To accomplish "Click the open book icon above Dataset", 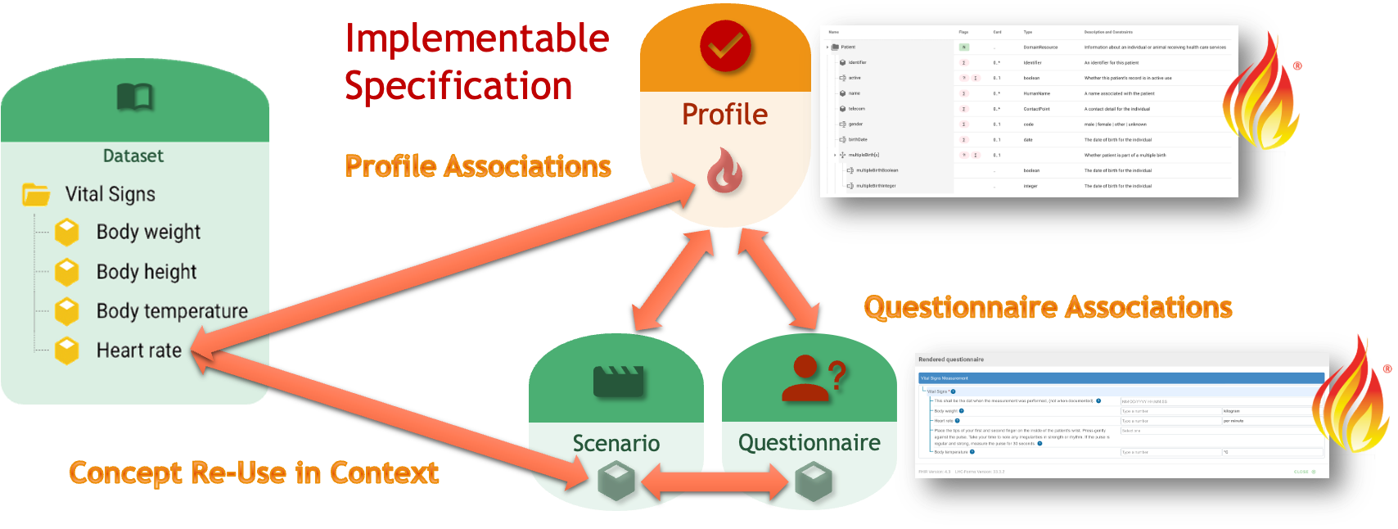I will pos(135,97).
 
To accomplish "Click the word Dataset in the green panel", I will pos(133,156).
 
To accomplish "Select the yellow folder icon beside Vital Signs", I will pos(36,194).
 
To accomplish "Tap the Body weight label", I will pos(148,232).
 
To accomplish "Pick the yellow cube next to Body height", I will pos(66,272).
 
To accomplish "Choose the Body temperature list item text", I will pos(172,311).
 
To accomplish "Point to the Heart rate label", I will pos(139,350).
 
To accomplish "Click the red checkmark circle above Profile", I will pos(725,46).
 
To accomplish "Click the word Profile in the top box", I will pos(725,114).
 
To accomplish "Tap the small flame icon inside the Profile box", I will pos(725,170).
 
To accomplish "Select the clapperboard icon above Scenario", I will pos(618,382).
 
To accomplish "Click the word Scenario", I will pos(616,443).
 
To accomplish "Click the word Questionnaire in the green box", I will pos(809,442).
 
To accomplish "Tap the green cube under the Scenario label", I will pos(616,481).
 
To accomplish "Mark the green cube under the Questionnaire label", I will pos(814,481).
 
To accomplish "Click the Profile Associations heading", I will pos(478,166).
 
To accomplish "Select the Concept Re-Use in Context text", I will pos(254,472).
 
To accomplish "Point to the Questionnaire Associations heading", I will pos(1048,307).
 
